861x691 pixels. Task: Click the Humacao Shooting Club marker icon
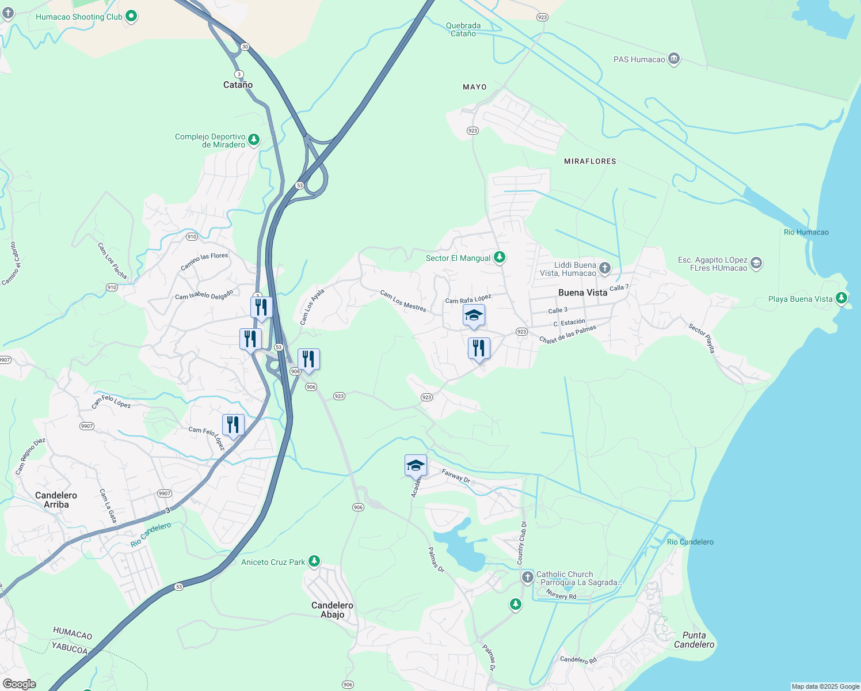(131, 16)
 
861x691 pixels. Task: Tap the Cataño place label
(238, 85)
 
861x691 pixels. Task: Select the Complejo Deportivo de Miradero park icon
(254, 140)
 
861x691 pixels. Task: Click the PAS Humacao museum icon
(674, 59)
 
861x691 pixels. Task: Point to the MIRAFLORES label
(590, 161)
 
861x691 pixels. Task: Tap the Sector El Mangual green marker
(500, 257)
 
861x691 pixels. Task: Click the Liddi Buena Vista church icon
(604, 268)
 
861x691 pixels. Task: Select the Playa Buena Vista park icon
(841, 298)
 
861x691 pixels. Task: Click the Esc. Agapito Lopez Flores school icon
(756, 263)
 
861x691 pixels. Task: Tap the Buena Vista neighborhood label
(582, 293)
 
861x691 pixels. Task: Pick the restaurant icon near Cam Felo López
(233, 425)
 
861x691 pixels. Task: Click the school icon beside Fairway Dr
(416, 465)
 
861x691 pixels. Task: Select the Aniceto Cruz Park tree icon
(314, 561)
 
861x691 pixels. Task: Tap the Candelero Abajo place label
(332, 610)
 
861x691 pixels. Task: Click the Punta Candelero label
(694, 640)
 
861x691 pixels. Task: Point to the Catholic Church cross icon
(527, 577)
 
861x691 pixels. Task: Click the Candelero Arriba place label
(56, 500)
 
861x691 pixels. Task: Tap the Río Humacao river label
(806, 232)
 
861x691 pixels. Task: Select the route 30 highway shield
(245, 47)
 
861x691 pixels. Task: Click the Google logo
(19, 684)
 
